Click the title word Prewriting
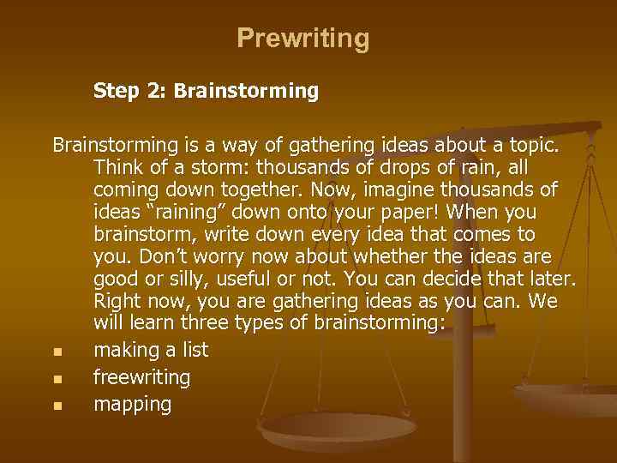[303, 39]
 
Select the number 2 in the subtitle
[156, 90]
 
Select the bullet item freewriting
[141, 377]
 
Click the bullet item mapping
[132, 405]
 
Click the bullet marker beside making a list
[57, 352]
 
